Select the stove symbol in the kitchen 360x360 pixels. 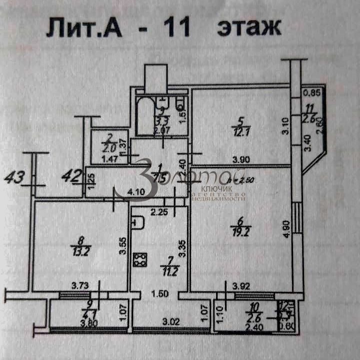coord(139,259)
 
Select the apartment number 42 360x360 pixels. coord(71,175)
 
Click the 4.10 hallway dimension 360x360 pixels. coord(134,191)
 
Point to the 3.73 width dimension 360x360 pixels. coord(79,285)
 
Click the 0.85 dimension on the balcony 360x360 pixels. coord(312,92)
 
